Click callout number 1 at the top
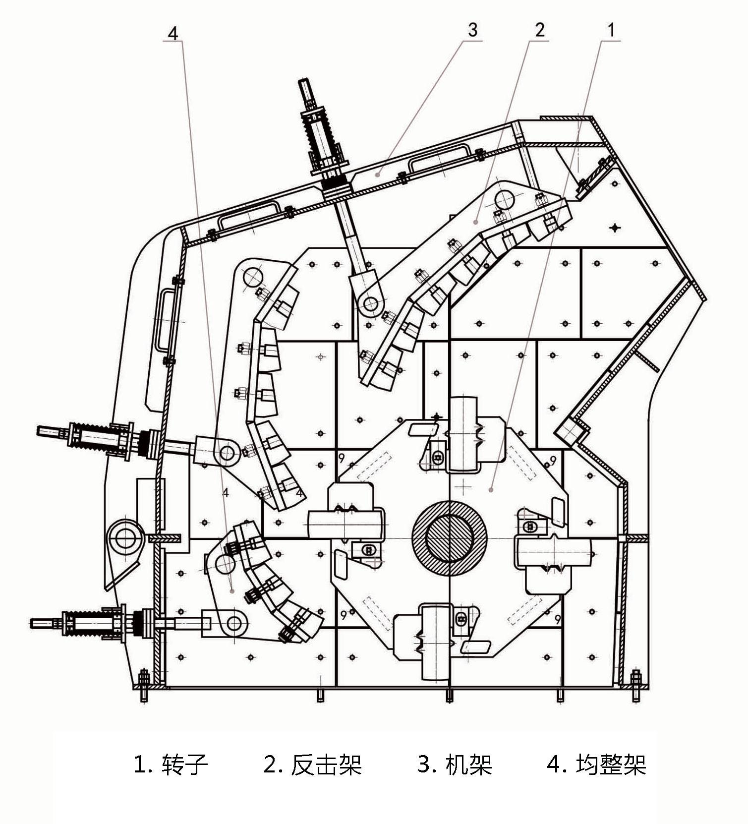coord(611,30)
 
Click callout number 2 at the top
coord(539,30)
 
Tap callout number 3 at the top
coord(472,30)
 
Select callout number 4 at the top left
coord(173,33)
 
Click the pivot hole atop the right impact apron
coord(504,200)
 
